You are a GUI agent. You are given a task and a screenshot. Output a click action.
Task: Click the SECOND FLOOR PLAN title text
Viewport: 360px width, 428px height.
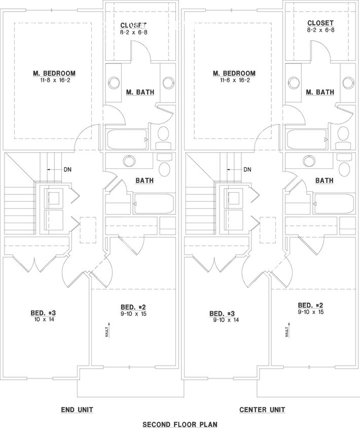click(x=180, y=423)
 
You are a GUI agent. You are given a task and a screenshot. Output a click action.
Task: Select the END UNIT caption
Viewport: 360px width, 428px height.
click(x=77, y=409)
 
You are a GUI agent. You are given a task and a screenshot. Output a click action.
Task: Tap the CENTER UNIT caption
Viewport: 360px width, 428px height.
click(x=262, y=409)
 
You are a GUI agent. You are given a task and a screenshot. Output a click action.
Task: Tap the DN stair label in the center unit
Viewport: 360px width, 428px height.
click(x=247, y=169)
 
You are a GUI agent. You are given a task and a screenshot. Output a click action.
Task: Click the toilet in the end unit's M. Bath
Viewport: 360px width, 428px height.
click(x=164, y=135)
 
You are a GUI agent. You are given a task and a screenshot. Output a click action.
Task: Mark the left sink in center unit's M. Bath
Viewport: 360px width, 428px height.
click(x=294, y=82)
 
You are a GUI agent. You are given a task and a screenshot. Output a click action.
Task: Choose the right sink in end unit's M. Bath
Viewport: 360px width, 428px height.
click(x=168, y=82)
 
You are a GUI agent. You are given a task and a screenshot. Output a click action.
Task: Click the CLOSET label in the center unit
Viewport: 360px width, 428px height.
click(x=320, y=23)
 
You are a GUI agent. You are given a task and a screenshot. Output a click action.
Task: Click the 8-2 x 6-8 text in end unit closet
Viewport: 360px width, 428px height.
click(x=133, y=31)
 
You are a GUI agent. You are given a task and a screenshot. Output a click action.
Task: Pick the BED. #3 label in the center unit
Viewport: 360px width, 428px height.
click(x=226, y=313)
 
